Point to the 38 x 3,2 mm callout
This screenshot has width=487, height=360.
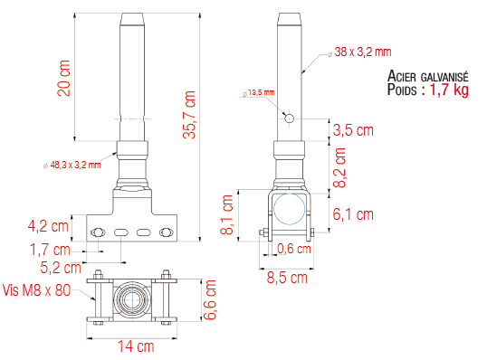click(362, 52)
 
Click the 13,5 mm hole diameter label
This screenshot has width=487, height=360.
click(261, 92)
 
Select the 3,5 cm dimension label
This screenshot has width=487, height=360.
click(353, 130)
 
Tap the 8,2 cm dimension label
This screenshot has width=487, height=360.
click(339, 166)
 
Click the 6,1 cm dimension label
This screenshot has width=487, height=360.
click(353, 213)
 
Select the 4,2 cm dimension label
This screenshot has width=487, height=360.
click(50, 225)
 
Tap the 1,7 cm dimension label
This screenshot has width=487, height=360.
click(51, 249)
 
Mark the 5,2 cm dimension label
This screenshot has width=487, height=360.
click(62, 268)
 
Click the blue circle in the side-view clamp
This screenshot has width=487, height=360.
click(291, 208)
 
